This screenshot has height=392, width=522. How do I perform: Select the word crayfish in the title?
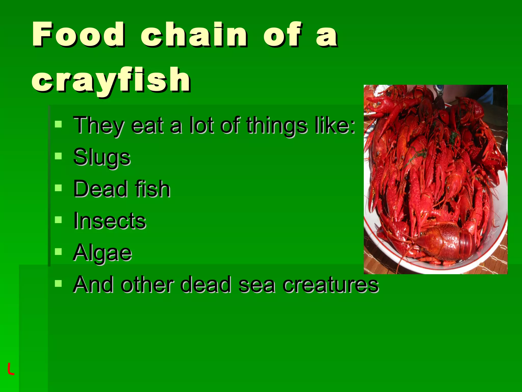[x=111, y=80]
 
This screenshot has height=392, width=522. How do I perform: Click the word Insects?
[x=110, y=221]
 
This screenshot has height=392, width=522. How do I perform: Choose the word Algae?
[x=102, y=253]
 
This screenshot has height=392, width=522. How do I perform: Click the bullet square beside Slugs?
[x=58, y=156]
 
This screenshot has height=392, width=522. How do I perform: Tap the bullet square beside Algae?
[x=58, y=252]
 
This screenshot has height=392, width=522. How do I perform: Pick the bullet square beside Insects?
[x=58, y=220]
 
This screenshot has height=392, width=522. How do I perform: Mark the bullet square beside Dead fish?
[x=58, y=188]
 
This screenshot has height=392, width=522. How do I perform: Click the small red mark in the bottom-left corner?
[x=10, y=369]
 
